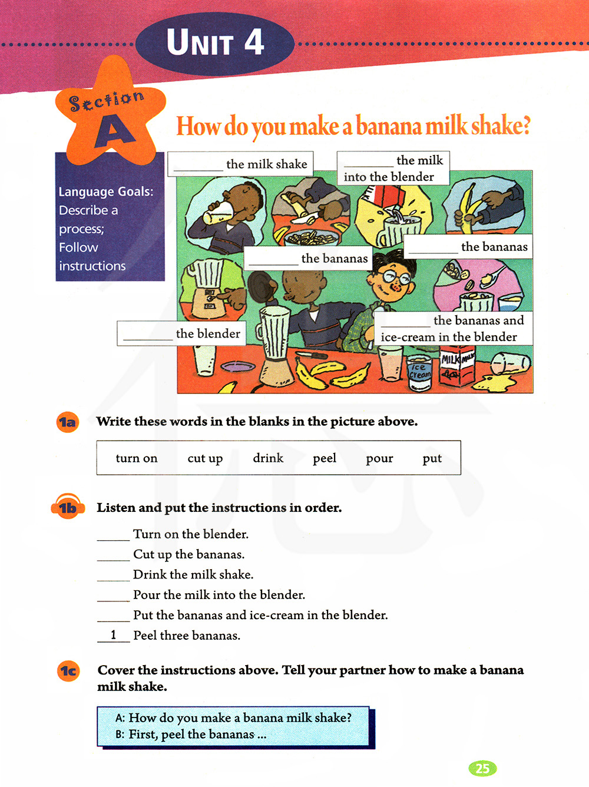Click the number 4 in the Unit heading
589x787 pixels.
pos(254,42)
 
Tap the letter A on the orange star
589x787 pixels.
pos(114,131)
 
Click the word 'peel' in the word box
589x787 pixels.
pos(325,459)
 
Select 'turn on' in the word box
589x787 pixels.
pos(137,458)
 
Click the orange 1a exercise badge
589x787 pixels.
pos(68,422)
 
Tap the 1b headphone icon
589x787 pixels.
pos(68,506)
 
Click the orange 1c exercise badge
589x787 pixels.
pos(68,671)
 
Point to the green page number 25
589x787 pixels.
pos(482,768)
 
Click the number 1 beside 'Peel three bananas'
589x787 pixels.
pos(113,635)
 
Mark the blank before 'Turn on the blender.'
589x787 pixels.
pos(113,540)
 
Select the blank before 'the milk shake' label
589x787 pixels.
pos(198,170)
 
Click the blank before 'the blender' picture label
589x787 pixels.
pos(148,339)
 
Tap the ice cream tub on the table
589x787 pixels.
pos(419,373)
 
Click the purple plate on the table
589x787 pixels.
pos(238,366)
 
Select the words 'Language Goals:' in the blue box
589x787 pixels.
pos(106,192)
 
